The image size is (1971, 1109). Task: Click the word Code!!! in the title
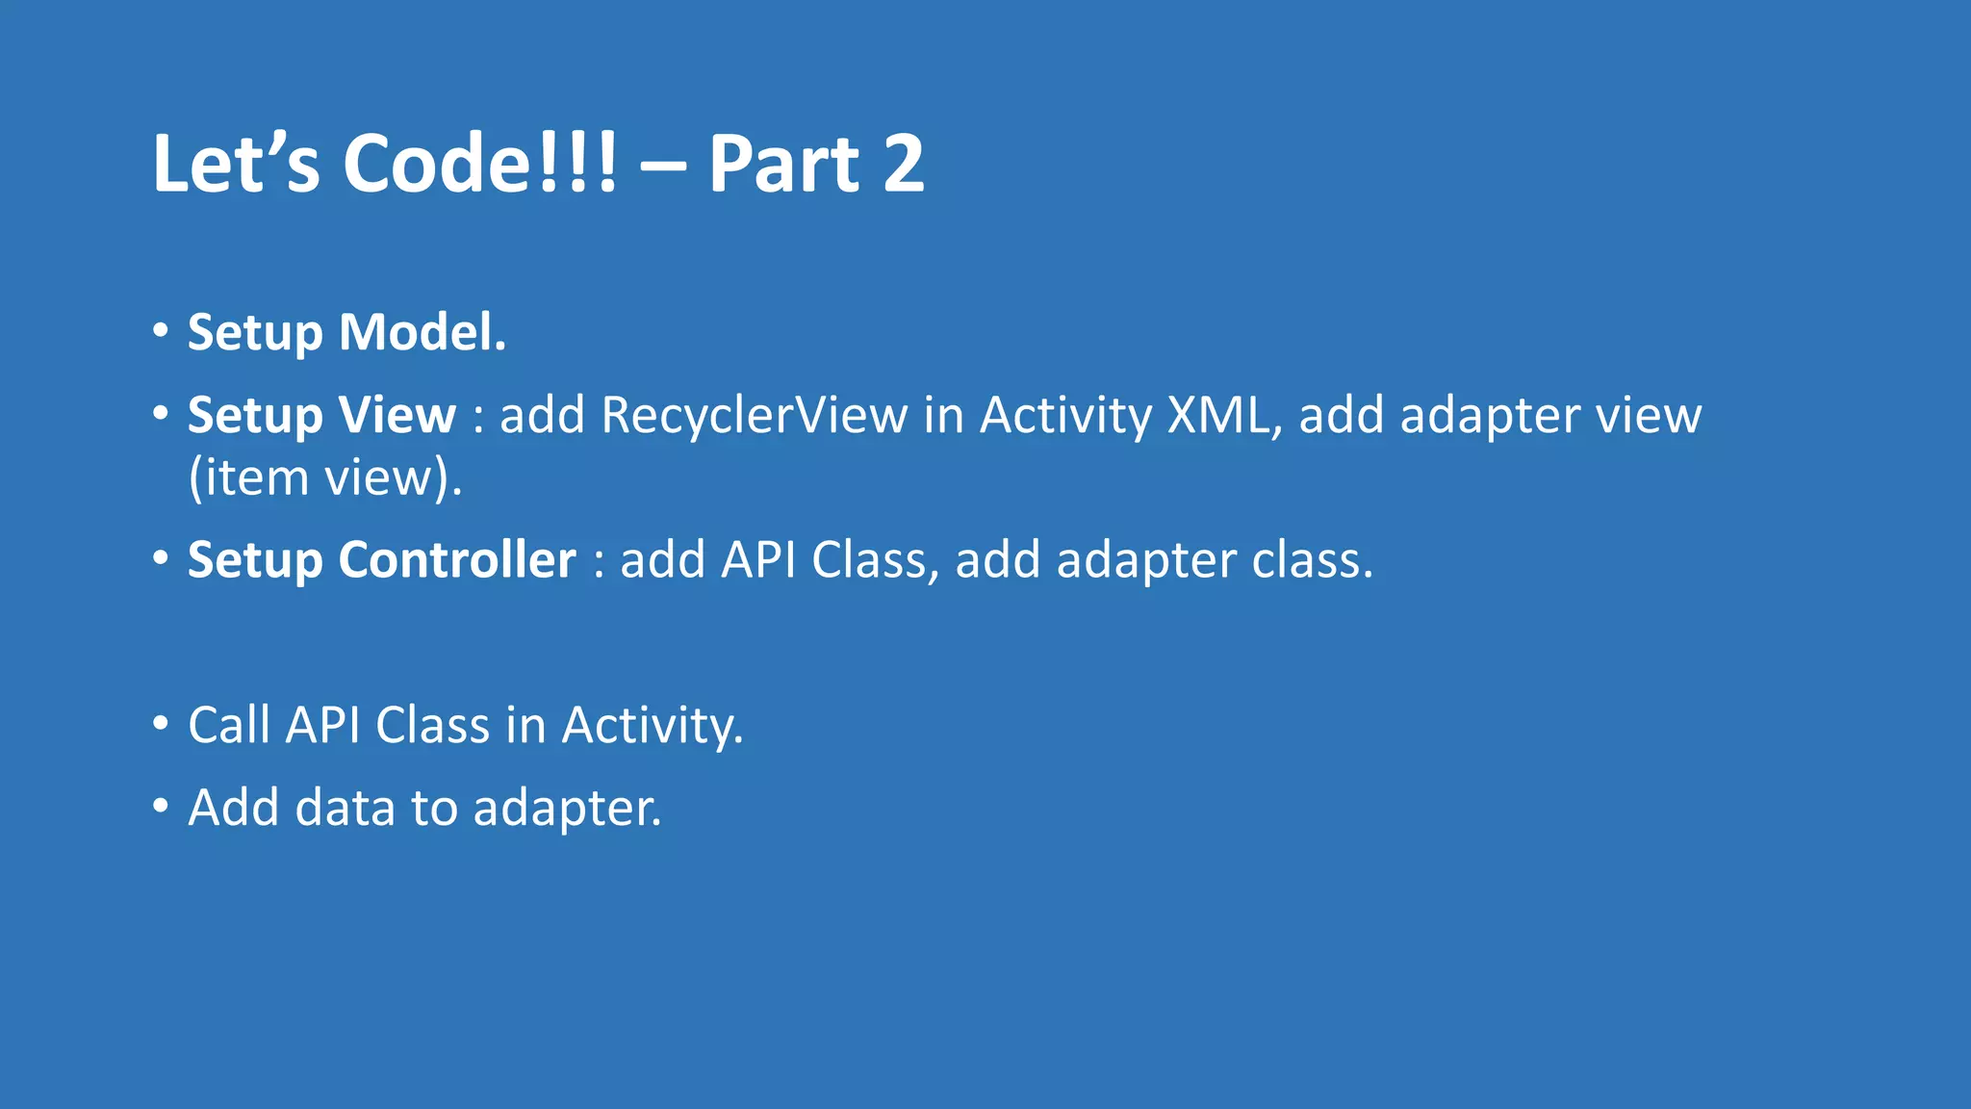click(x=479, y=164)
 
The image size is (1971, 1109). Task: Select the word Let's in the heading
click(x=236, y=164)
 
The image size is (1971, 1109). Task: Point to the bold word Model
click(x=422, y=333)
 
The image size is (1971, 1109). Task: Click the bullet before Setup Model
click(x=161, y=331)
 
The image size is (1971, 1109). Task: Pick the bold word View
click(x=397, y=416)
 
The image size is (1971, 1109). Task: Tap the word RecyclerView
click(x=754, y=416)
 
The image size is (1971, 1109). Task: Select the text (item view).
click(x=325, y=478)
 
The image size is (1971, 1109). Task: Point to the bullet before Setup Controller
click(x=161, y=558)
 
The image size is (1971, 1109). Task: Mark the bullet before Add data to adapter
click(x=161, y=806)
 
